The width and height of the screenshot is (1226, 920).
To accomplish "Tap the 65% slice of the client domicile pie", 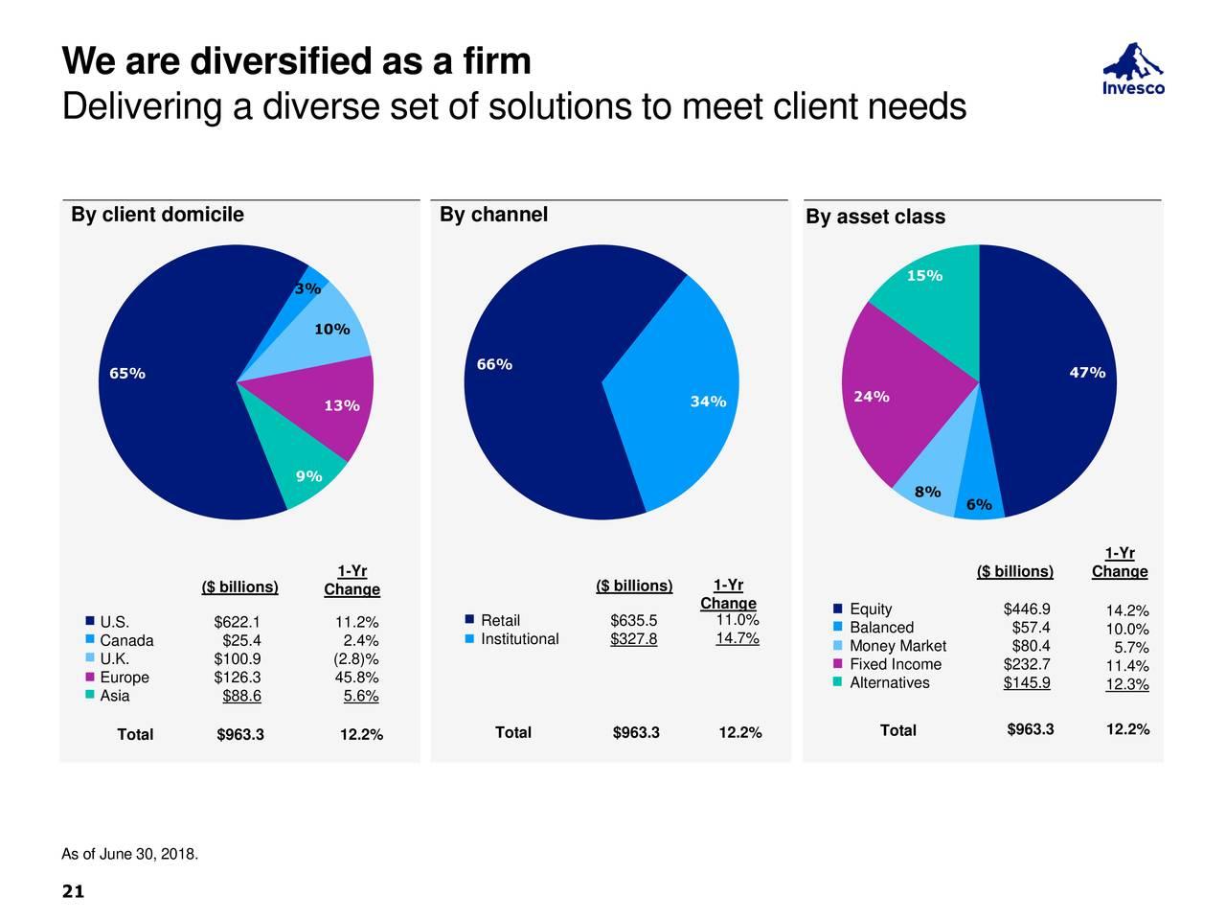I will point(163,402).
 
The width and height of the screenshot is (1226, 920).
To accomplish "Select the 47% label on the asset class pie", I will point(1086,373).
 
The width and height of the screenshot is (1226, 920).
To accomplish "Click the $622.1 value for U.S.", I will point(238,621).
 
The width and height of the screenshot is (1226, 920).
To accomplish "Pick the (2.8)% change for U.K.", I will point(356,658).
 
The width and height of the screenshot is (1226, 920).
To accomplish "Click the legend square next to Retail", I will point(469,619).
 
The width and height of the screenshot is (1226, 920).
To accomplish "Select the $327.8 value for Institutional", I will point(633,639).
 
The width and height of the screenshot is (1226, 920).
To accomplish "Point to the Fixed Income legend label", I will point(896,665).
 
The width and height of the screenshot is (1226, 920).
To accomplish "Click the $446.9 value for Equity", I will point(1027,609).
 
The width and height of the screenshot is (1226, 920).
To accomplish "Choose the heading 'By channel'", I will point(493,215).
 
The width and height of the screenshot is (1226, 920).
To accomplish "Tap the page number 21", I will point(73,892).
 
